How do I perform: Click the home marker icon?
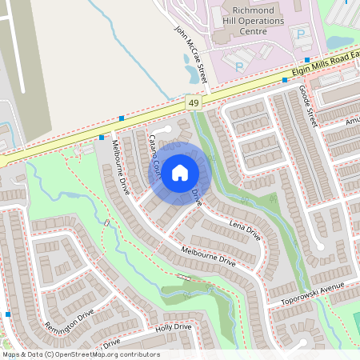click(x=180, y=172)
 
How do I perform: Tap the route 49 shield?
click(x=194, y=103)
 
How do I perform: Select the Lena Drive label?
click(x=245, y=233)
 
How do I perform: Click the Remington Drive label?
click(x=70, y=323)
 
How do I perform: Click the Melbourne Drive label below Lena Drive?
click(x=208, y=256)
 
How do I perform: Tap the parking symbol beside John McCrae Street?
click(x=238, y=65)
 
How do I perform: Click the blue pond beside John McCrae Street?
click(x=193, y=74)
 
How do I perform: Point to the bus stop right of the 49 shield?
click(x=285, y=80)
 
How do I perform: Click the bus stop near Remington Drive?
click(x=8, y=314)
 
